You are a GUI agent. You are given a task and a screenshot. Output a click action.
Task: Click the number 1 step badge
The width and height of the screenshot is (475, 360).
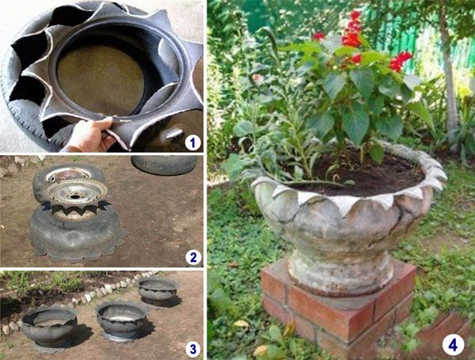pos(192,142)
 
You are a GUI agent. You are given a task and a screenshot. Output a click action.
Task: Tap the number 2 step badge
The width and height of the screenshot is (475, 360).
pos(193,257)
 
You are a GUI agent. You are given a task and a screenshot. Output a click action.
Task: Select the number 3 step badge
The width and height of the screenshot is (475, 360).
pos(192,349)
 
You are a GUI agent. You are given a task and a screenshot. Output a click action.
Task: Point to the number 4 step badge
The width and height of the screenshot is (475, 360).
pos(453,345)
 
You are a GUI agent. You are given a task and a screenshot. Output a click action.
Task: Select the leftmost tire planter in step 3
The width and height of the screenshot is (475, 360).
pos(49,327)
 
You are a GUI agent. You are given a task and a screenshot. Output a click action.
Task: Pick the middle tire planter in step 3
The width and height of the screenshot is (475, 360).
pos(122,320)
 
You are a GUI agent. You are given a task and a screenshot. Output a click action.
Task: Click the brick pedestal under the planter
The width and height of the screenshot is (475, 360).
pos(338,306)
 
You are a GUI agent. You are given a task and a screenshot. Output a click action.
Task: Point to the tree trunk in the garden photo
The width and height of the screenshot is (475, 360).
pos(446,76)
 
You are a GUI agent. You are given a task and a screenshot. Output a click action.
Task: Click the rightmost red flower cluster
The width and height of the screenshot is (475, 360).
pos(400,62)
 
